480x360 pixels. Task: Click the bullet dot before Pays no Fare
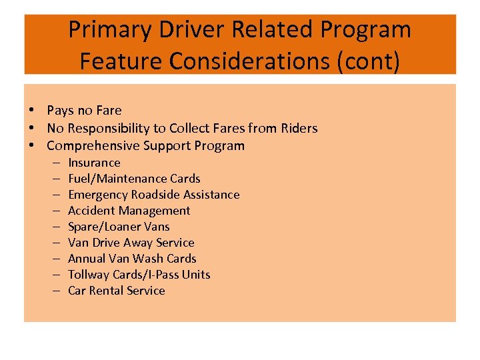[31, 111]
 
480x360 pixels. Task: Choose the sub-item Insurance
[94, 163]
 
